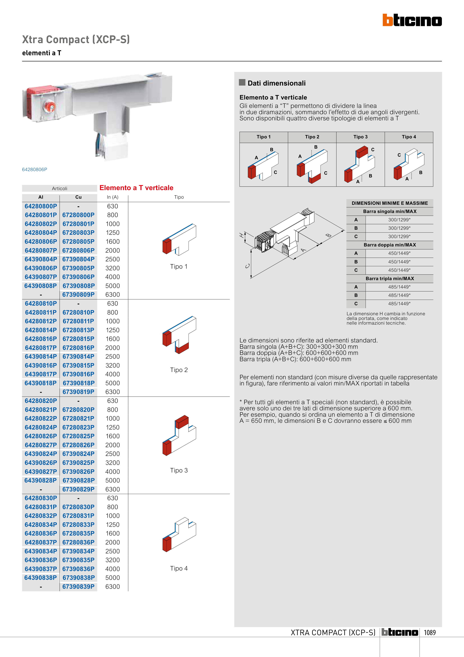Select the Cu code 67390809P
tap(78, 294)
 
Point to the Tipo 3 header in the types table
tap(360, 137)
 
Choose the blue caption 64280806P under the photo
tap(34, 169)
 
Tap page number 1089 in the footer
tap(429, 632)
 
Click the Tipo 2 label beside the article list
tap(179, 370)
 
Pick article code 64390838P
tap(41, 577)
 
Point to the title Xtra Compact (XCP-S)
tap(76, 39)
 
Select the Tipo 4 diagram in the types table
tap(409, 165)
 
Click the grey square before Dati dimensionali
tap(242, 82)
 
